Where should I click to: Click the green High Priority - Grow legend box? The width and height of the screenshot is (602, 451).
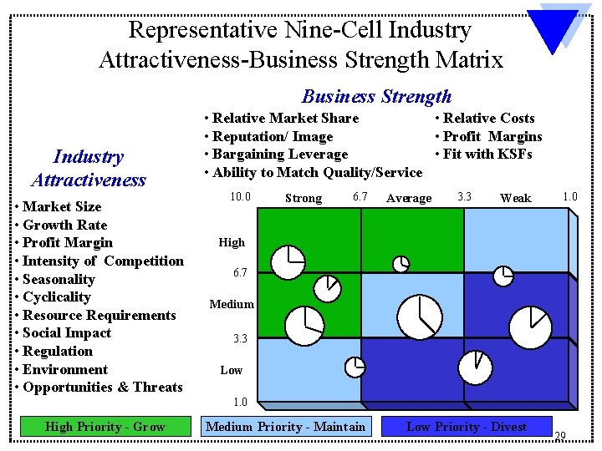click(105, 427)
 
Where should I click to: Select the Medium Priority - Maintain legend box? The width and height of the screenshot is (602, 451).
click(285, 427)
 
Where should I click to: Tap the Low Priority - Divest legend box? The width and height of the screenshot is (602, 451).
click(466, 427)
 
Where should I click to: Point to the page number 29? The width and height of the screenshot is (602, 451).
click(559, 435)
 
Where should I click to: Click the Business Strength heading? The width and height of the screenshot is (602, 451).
click(376, 96)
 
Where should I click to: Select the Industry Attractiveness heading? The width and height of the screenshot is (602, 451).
click(88, 168)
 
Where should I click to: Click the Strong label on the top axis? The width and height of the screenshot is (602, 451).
click(303, 198)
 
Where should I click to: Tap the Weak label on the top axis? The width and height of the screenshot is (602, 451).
click(515, 198)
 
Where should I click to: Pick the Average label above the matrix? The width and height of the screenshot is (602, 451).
click(409, 198)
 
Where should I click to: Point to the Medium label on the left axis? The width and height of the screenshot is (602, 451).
click(232, 304)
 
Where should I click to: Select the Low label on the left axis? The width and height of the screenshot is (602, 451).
click(232, 370)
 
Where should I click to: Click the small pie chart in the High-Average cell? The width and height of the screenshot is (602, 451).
click(402, 264)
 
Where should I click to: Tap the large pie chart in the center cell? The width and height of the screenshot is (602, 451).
click(419, 317)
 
